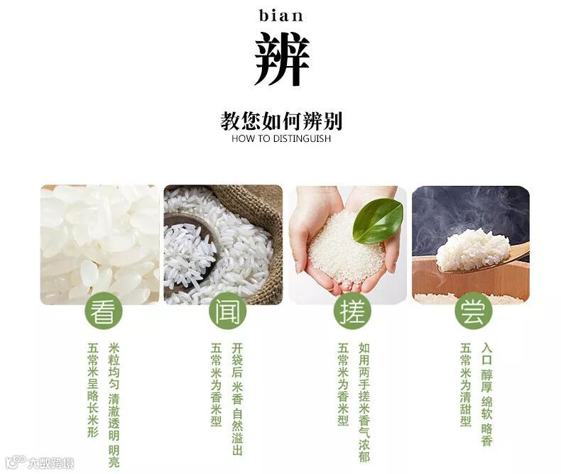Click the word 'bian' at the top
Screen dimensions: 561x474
tap(281, 16)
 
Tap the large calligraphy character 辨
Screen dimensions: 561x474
tap(282, 59)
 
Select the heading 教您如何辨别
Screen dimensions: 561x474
tap(281, 121)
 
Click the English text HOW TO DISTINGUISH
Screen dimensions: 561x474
tap(281, 138)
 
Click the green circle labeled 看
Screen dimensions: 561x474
tap(104, 311)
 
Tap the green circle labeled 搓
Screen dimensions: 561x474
tap(352, 311)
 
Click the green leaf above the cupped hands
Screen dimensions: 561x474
tap(378, 221)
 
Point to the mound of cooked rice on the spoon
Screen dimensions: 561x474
tap(473, 250)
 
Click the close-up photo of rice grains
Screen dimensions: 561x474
tap(100, 245)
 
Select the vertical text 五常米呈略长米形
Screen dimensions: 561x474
tap(93, 390)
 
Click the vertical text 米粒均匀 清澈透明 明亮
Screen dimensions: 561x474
tap(114, 405)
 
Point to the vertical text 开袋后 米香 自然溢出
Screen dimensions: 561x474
tap(237, 399)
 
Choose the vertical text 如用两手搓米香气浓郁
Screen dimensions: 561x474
tap(364, 402)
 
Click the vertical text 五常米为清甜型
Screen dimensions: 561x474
tap(465, 385)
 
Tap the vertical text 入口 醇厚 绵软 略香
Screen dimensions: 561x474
tap(487, 395)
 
